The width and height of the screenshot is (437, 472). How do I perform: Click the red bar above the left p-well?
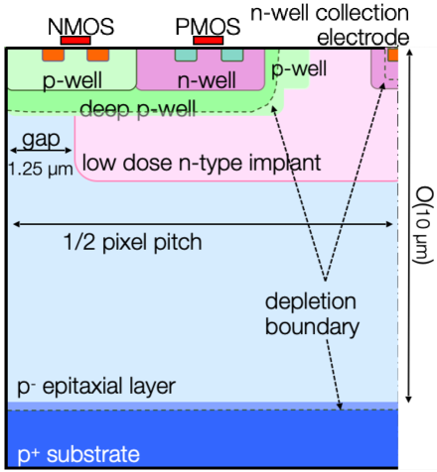coord(75,40)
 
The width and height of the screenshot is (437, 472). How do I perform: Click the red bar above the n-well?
coord(209,40)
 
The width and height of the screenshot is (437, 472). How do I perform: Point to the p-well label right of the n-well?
coord(299,69)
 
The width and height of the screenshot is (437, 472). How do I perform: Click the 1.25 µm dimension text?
coord(40,168)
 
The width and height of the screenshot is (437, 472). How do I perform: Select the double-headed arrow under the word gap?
coord(41,151)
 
